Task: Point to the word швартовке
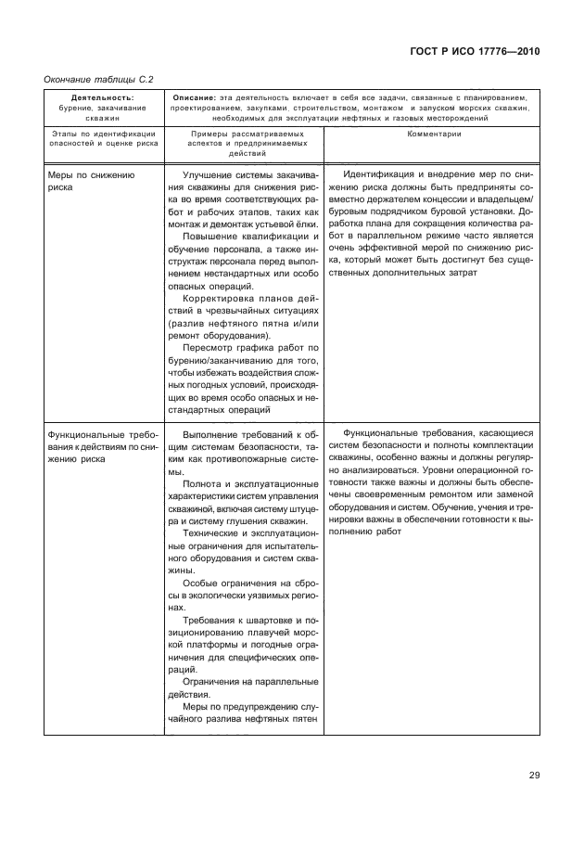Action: (261, 619)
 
